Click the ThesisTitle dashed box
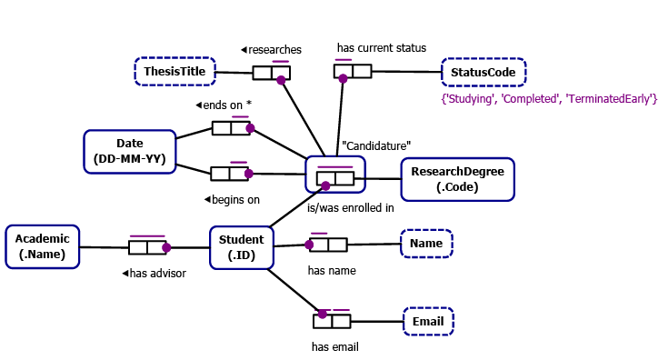174,71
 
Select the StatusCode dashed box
483,72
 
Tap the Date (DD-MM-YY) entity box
129,151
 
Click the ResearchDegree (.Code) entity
457,179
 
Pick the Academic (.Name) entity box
43,246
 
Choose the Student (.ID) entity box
241,247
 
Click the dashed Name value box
426,244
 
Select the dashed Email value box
428,321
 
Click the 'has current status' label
381,47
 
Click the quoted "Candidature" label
376,145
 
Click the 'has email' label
335,346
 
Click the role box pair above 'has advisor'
147,247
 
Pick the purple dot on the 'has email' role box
322,314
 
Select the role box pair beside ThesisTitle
271,74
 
